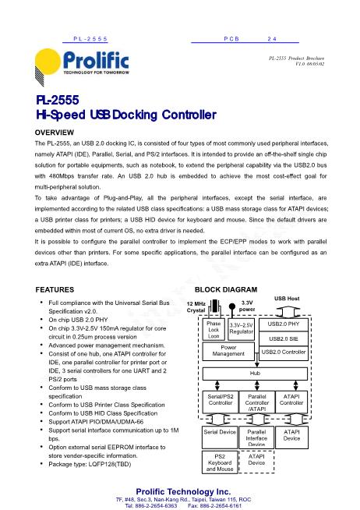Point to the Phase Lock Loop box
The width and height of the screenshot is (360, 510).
[x=213, y=329]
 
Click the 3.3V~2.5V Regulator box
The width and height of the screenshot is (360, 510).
[x=242, y=329]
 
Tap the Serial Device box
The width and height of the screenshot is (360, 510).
[x=219, y=430]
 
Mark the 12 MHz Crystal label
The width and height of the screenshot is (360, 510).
[x=196, y=306]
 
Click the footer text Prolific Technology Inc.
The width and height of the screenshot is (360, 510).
[x=180, y=491]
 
